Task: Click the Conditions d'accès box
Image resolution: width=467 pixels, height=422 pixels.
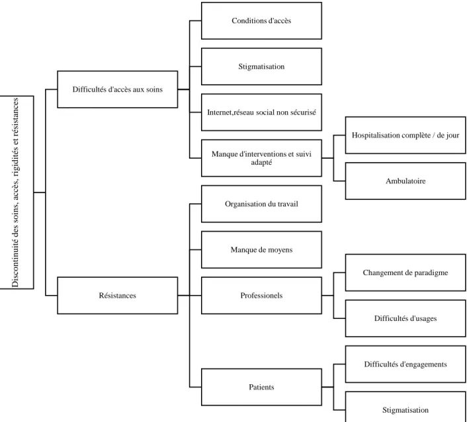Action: [x=261, y=21]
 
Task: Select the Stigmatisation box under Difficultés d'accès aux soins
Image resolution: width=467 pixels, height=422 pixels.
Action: [x=261, y=66]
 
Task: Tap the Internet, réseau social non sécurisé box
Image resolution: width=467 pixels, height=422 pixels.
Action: [x=261, y=112]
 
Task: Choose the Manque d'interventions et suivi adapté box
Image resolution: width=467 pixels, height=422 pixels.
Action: [x=261, y=158]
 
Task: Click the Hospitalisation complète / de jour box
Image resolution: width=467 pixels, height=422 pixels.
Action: [x=405, y=135]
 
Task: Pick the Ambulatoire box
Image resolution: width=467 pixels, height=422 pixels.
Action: [x=405, y=181]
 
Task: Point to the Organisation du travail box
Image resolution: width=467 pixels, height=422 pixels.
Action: [x=261, y=204]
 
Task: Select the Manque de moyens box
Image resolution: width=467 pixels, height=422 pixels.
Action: [x=261, y=249]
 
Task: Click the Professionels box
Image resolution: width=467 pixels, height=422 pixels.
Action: [x=261, y=296]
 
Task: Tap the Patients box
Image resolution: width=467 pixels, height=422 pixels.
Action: [x=261, y=387]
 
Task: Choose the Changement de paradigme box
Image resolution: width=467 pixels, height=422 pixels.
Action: [x=405, y=273]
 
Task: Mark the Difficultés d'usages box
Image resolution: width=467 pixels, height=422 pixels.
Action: [x=405, y=318]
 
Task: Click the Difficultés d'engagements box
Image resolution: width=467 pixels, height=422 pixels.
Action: [x=405, y=364]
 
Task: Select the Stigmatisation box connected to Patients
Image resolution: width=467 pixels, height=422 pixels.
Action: [x=405, y=407]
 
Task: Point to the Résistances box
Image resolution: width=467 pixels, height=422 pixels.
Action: [x=117, y=296]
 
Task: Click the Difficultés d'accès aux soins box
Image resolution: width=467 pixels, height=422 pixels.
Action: [x=117, y=89]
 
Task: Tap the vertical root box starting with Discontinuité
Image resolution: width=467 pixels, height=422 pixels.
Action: [x=17, y=192]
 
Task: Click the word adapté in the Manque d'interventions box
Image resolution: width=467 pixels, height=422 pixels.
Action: [x=261, y=163]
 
